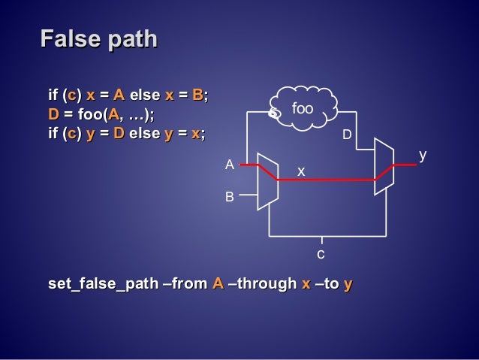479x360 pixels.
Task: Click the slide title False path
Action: [x=98, y=38]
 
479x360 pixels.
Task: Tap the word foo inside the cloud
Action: [x=302, y=109]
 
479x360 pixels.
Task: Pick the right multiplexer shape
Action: [x=383, y=167]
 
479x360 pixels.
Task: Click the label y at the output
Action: [x=423, y=155]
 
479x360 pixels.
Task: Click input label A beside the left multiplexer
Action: [x=230, y=165]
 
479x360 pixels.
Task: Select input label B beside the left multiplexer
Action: [x=230, y=197]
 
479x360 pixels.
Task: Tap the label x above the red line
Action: [x=301, y=172]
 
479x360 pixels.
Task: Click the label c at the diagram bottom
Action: [x=321, y=254]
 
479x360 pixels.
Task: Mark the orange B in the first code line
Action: [x=197, y=95]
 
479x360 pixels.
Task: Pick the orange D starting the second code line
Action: [x=53, y=114]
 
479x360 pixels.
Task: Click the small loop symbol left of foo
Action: [x=275, y=113]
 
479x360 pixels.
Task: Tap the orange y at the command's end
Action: [x=348, y=284]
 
